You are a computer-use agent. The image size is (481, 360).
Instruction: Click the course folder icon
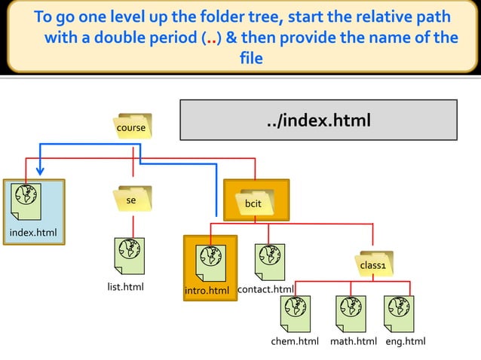pyautogui.click(x=131, y=127)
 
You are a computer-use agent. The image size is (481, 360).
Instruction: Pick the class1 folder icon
pyautogui.click(x=372, y=264)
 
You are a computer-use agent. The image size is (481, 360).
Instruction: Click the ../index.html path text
pyautogui.click(x=319, y=121)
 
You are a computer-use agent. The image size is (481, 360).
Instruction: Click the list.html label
pyautogui.click(x=125, y=287)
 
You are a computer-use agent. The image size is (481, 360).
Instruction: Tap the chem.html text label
pyautogui.click(x=295, y=342)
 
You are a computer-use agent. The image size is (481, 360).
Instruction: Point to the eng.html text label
pyautogui.click(x=406, y=342)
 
